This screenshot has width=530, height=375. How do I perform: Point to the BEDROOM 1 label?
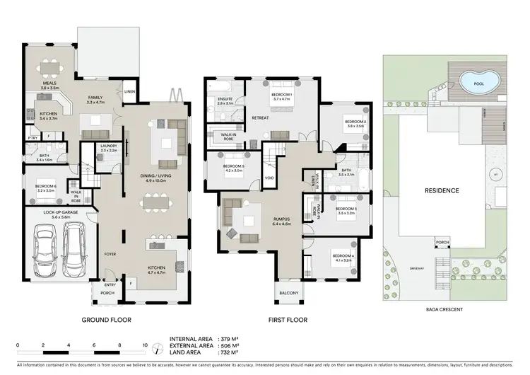pos(283,94)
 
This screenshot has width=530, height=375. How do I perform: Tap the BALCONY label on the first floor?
pos(288,293)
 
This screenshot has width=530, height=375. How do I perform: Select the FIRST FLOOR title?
pos(288,320)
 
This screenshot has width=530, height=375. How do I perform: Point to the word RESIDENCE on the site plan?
pos(442,190)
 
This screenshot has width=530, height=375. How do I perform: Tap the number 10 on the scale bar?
pos(144,345)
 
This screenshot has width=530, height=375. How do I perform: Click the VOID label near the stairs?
pos(269,178)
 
